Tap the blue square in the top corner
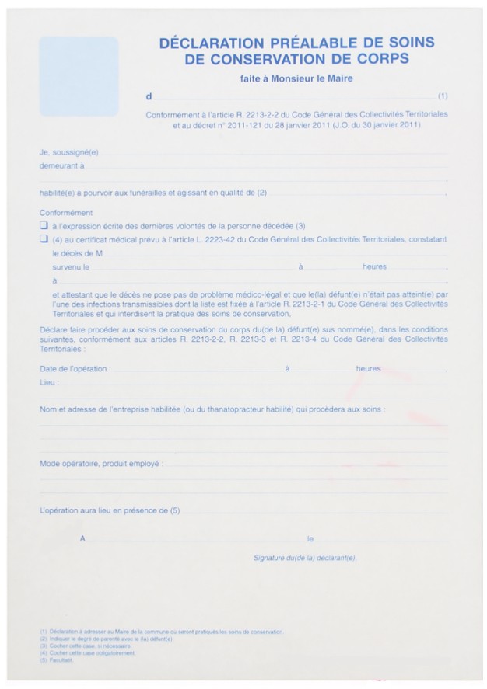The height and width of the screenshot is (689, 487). point(79,76)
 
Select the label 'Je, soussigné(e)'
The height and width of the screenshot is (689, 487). point(69,152)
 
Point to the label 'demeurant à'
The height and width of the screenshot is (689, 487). point(62,165)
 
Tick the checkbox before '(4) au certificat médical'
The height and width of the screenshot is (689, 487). point(44,240)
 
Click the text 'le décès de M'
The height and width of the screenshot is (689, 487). point(78,253)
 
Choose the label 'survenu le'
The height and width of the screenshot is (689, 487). point(71,266)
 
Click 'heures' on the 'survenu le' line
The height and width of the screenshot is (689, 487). point(374,266)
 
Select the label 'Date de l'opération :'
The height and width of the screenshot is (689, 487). point(75,369)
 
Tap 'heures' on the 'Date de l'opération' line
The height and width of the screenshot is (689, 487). point(368,369)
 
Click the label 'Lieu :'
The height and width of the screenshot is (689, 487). point(50,382)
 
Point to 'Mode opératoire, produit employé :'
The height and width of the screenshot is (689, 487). point(102,463)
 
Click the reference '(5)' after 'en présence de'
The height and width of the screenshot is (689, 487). point(175,511)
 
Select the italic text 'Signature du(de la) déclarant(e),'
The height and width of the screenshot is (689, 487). point(304,557)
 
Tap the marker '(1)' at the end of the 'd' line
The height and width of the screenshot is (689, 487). point(443,97)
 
